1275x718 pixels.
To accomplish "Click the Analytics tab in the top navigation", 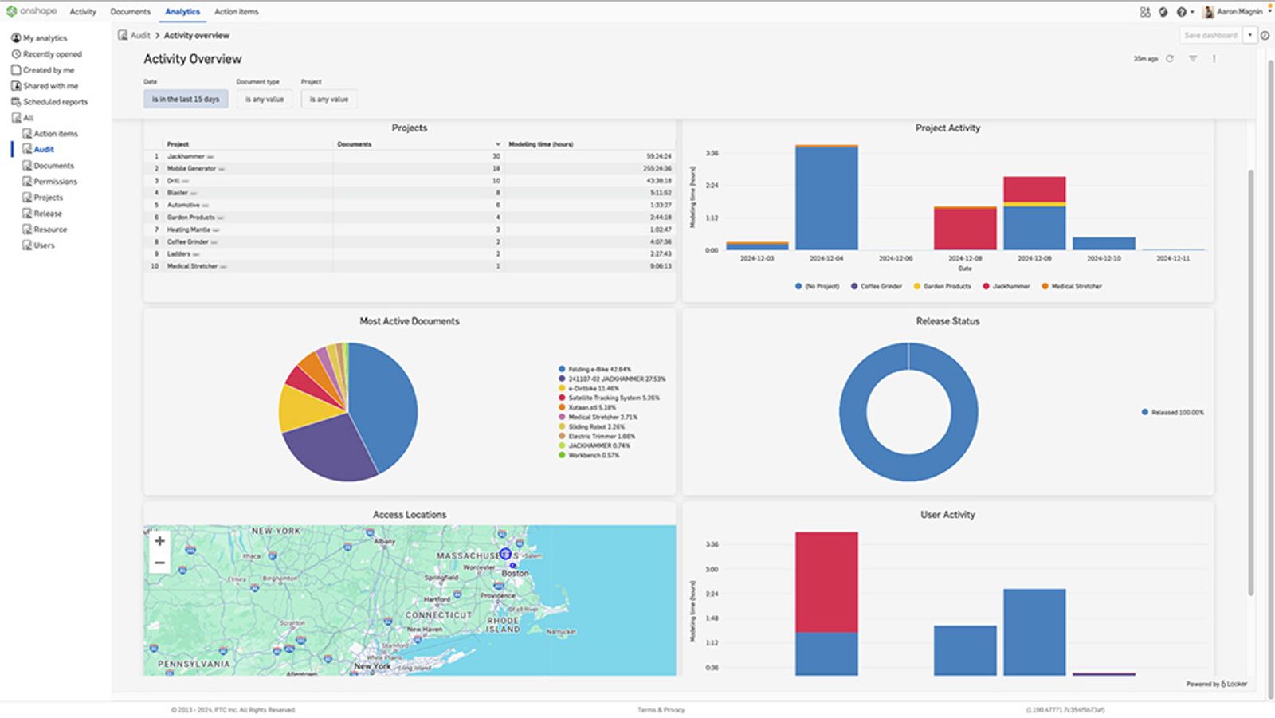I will [182, 12].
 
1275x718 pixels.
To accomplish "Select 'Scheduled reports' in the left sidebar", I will [55, 102].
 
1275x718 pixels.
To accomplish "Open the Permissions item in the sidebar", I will [55, 182].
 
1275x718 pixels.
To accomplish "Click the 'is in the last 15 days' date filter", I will [186, 99].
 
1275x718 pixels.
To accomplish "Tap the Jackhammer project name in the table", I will [186, 157].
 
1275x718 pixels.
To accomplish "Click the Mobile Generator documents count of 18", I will [496, 169].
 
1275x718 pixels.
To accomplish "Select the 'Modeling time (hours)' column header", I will [541, 144].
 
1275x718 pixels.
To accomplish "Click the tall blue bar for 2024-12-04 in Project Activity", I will [826, 199].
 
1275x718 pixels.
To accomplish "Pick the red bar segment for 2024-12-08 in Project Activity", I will [964, 230].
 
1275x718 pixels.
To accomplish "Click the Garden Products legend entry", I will [947, 286].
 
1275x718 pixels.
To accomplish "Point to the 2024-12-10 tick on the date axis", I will [1104, 258].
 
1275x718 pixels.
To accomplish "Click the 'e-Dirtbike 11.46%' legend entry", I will [593, 388].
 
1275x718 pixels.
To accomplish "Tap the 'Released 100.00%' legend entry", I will [1177, 412].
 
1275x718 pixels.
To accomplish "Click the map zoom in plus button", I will [159, 541].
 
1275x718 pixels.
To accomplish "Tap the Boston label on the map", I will [515, 573].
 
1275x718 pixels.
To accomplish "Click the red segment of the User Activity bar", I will [826, 582].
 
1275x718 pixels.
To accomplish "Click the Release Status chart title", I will [947, 321].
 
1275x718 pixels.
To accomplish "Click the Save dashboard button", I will [1210, 35].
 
